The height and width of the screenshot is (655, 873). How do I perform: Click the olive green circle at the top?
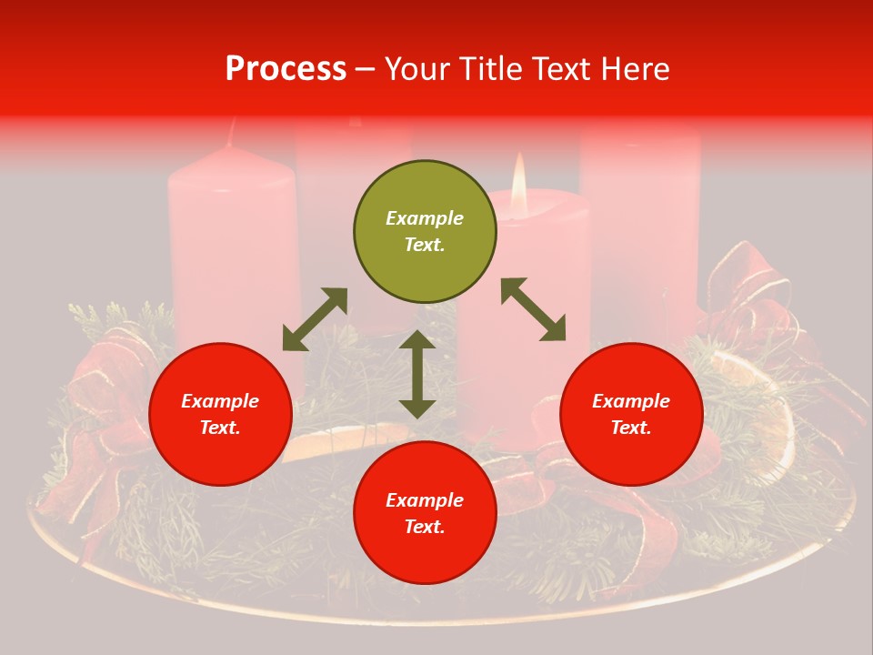click(x=425, y=232)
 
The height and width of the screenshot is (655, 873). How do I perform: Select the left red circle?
click(x=220, y=415)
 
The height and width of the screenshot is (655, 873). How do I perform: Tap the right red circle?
click(x=631, y=415)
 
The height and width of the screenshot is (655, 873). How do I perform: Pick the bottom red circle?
click(x=425, y=513)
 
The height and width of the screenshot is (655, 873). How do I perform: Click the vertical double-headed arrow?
click(x=417, y=374)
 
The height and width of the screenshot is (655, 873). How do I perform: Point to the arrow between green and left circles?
click(x=315, y=319)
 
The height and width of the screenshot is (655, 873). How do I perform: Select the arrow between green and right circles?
click(x=533, y=309)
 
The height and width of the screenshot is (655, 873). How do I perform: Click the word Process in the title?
click(x=286, y=68)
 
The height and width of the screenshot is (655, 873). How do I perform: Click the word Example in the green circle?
click(x=425, y=218)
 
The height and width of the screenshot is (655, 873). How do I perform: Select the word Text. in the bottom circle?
click(x=425, y=527)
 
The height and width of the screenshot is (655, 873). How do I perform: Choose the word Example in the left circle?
click(x=220, y=401)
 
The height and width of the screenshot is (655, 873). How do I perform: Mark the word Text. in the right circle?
click(x=631, y=428)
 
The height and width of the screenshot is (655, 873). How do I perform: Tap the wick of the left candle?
click(x=232, y=132)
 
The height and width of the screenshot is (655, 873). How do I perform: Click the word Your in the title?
click(x=418, y=68)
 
